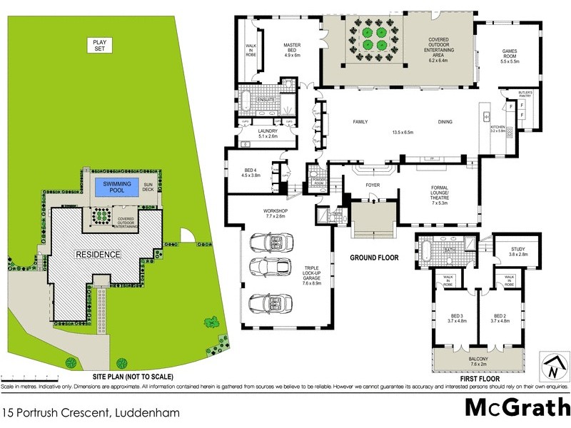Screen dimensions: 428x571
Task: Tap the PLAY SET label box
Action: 98,45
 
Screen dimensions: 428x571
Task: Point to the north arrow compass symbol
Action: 552,369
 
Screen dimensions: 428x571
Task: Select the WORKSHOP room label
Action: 275,215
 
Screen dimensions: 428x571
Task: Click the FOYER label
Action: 372,185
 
